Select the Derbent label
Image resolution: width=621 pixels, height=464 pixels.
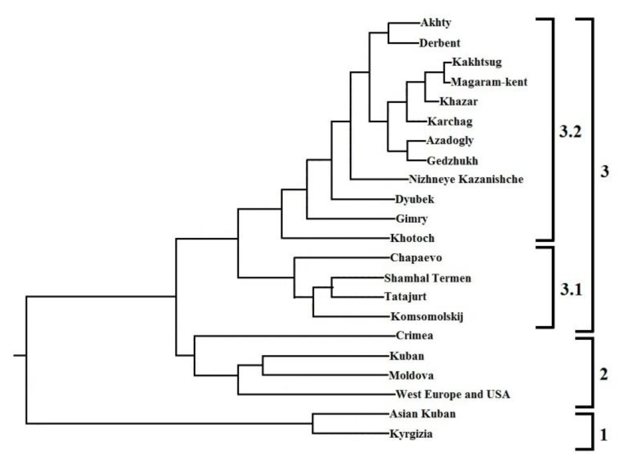tap(440, 43)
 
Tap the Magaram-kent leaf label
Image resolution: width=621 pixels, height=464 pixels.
tap(489, 82)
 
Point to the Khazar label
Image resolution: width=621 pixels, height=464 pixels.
tap(458, 102)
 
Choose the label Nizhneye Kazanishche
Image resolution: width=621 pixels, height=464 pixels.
tap(466, 179)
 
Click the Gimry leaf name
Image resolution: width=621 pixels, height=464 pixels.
tap(412, 219)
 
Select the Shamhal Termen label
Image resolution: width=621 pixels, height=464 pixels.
tap(428, 278)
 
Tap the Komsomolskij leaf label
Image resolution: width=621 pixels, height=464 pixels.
tap(427, 317)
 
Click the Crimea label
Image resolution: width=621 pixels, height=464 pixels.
tap(414, 336)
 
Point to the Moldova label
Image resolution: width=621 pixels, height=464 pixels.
tap(411, 375)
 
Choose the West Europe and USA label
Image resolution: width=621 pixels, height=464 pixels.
tap(453, 395)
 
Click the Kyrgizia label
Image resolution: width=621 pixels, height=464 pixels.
tap(411, 434)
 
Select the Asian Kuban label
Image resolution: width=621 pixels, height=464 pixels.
tap(422, 414)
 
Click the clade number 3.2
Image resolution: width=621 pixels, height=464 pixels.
tap(570, 131)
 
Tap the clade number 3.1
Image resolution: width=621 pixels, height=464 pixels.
tap(571, 290)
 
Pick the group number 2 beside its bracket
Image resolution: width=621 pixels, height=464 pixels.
tap(604, 374)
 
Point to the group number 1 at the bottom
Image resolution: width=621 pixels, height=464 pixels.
tap(604, 436)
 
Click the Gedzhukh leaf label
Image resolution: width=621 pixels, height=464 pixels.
tap(452, 161)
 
